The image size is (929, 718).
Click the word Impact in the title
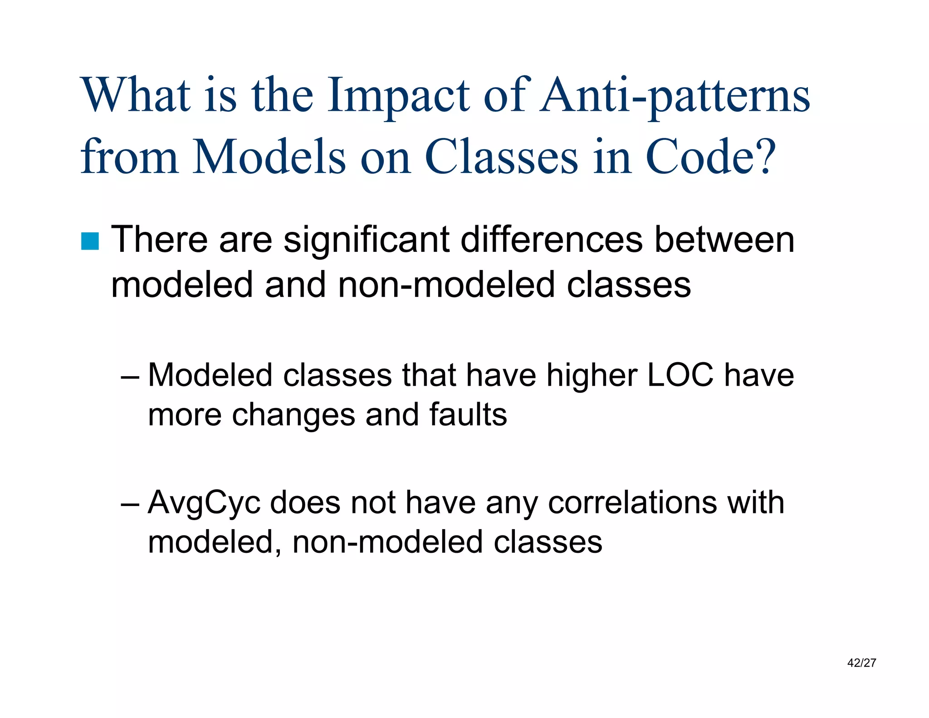coord(398,96)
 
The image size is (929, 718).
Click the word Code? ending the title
coord(710,157)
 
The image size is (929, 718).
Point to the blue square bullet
coord(90,241)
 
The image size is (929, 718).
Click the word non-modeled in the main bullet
coord(446,285)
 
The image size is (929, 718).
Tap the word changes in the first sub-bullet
coord(293,415)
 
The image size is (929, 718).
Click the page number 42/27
coord(861,663)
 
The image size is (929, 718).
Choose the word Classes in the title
coord(502,157)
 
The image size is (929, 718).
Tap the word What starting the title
coord(135,96)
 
